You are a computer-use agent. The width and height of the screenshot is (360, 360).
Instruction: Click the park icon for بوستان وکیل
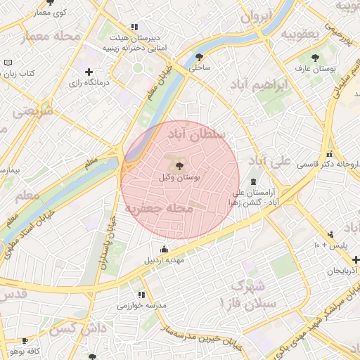(180, 166)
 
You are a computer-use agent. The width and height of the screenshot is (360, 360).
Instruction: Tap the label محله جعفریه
(160, 209)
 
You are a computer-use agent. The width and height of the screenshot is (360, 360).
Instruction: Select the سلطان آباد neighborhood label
(200, 131)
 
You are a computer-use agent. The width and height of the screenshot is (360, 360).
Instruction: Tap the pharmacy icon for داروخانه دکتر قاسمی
(328, 154)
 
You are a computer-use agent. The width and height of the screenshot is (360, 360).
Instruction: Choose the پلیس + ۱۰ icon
(330, 234)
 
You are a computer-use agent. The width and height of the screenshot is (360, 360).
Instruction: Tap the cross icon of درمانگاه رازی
(89, 72)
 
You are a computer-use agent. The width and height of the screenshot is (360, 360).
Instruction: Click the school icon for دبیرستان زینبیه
(134, 27)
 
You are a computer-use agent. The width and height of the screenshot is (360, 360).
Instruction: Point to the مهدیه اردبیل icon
(165, 249)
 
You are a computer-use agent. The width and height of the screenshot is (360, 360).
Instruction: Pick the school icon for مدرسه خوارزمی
(141, 295)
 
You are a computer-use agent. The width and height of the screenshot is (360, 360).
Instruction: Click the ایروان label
(255, 15)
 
